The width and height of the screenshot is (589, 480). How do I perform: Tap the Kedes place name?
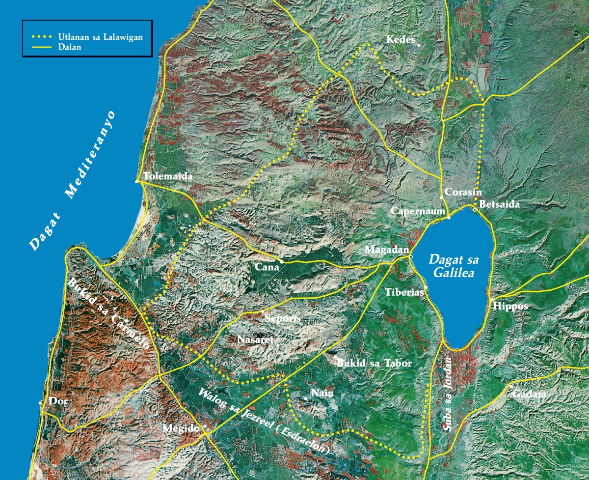(x=401, y=39)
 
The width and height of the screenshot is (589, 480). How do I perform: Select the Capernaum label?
(x=417, y=211)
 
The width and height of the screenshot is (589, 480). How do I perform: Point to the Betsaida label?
(x=499, y=204)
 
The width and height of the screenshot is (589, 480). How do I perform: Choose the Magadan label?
(x=386, y=250)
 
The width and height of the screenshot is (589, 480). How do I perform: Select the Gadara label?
(x=529, y=394)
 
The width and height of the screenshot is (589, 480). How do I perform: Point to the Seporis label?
(x=282, y=318)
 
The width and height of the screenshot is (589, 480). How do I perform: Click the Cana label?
(x=267, y=267)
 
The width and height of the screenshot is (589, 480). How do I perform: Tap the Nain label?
(x=322, y=393)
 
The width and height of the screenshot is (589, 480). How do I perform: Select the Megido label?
(x=182, y=428)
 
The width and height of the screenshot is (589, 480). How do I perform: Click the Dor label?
(x=57, y=401)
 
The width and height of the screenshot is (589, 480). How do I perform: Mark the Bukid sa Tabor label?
(x=374, y=364)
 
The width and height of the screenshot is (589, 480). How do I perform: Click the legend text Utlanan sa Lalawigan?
(x=101, y=37)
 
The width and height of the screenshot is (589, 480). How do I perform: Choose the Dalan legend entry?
(x=69, y=48)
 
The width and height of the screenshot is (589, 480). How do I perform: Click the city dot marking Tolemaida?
(x=137, y=182)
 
